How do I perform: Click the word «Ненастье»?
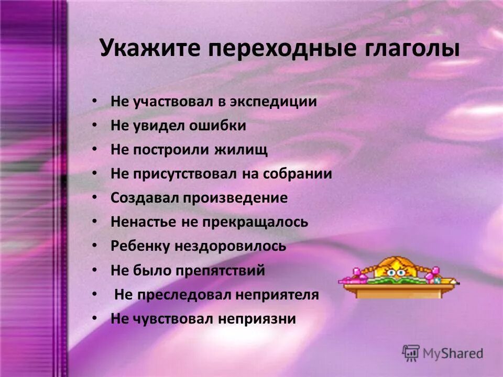pos(143,222)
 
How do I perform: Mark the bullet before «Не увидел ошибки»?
pos(94,125)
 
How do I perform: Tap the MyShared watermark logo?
pos(443,352)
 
